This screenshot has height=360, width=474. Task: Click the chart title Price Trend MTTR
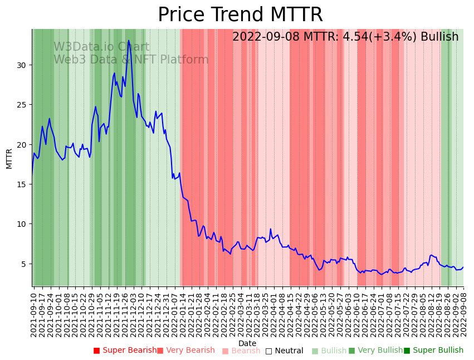click(x=240, y=15)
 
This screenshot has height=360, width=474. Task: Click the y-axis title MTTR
click(x=9, y=158)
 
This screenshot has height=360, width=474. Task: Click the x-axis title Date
click(x=247, y=343)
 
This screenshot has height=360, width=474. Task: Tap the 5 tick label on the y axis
click(x=24, y=264)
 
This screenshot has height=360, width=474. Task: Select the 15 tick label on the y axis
click(x=22, y=184)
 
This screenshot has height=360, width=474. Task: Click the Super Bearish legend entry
click(x=125, y=351)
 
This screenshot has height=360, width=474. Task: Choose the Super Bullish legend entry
click(x=433, y=351)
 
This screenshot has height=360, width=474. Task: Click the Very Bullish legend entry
click(x=375, y=351)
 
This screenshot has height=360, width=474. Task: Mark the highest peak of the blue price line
click(x=129, y=40)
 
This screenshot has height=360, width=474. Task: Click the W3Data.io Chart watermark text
click(x=101, y=47)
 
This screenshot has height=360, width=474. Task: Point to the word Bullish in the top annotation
click(x=439, y=37)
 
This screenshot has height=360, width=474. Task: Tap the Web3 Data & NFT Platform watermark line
click(x=131, y=60)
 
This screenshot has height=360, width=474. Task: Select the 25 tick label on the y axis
click(x=22, y=105)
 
